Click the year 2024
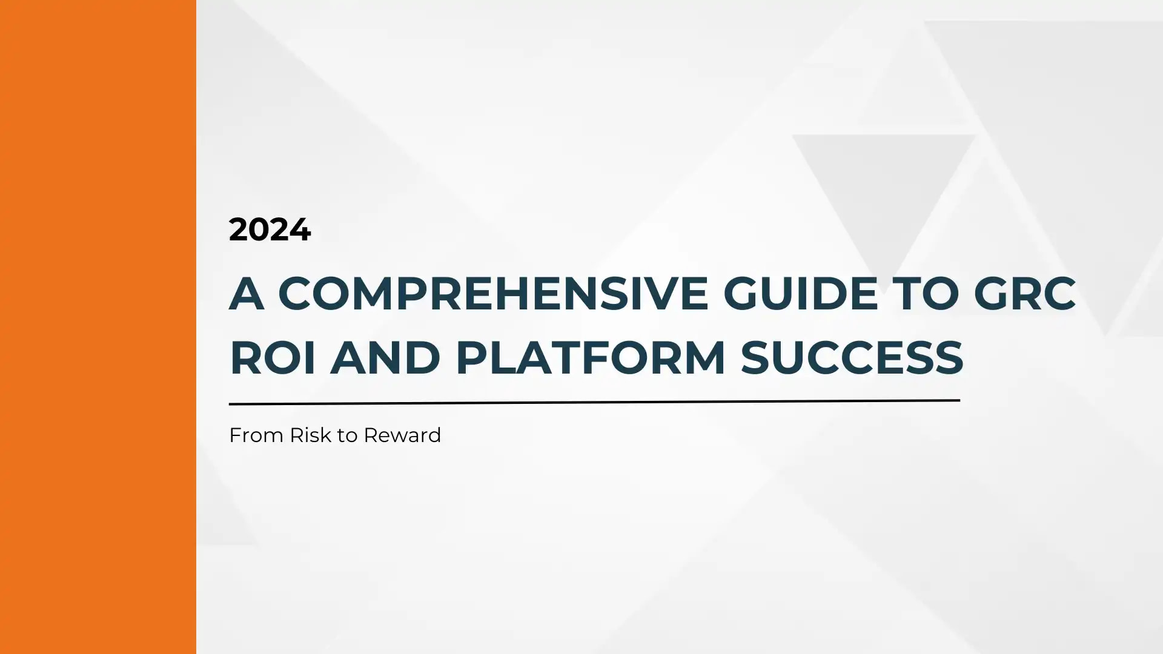[x=270, y=230]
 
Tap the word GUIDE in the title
[x=800, y=294]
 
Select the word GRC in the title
[x=1025, y=294]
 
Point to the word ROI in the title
[x=273, y=358]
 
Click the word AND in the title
[x=385, y=358]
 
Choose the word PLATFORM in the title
[x=591, y=358]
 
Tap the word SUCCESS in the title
[x=852, y=358]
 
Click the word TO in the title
[x=926, y=294]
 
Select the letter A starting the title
[x=247, y=294]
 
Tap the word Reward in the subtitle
[x=402, y=435]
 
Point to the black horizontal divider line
[x=594, y=402]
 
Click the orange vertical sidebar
[x=98, y=327]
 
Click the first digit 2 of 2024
[x=239, y=230]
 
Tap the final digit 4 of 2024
[x=300, y=230]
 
